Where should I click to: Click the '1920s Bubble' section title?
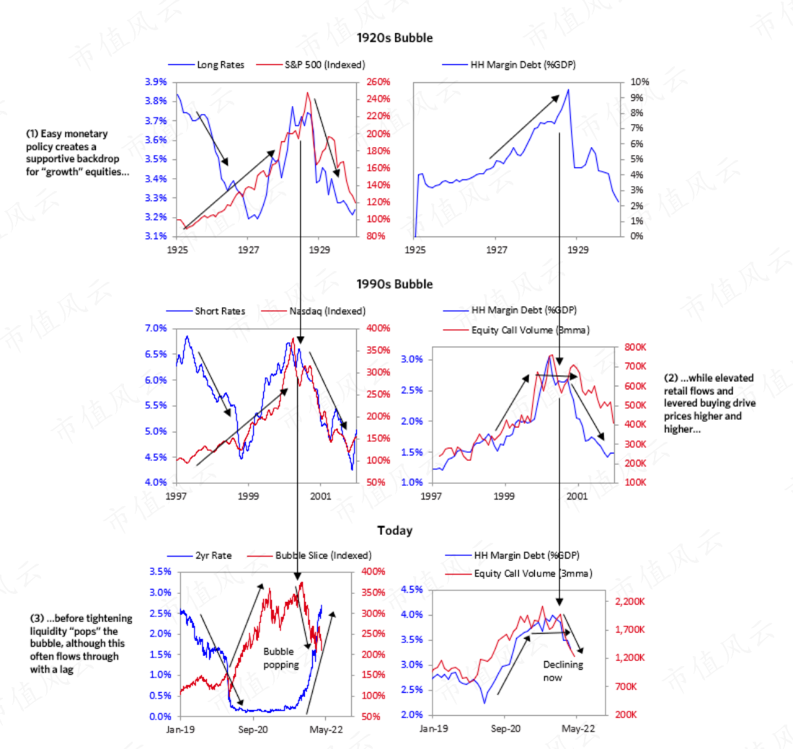[x=394, y=38]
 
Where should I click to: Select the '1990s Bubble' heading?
[x=394, y=284]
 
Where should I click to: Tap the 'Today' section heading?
[x=394, y=531]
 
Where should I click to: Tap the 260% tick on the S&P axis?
[x=378, y=82]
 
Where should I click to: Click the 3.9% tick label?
[x=156, y=82]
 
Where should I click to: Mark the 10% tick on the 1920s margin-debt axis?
[x=639, y=82]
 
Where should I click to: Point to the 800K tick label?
[x=635, y=347]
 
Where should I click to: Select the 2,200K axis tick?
[x=629, y=601]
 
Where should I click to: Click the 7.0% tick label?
[x=156, y=328]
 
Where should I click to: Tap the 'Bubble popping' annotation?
[x=280, y=658]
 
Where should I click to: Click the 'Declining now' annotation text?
[x=563, y=671]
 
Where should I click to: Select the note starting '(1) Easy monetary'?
[x=77, y=153]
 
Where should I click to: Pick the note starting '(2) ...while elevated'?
[x=709, y=404]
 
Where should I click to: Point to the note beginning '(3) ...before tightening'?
[x=81, y=644]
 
